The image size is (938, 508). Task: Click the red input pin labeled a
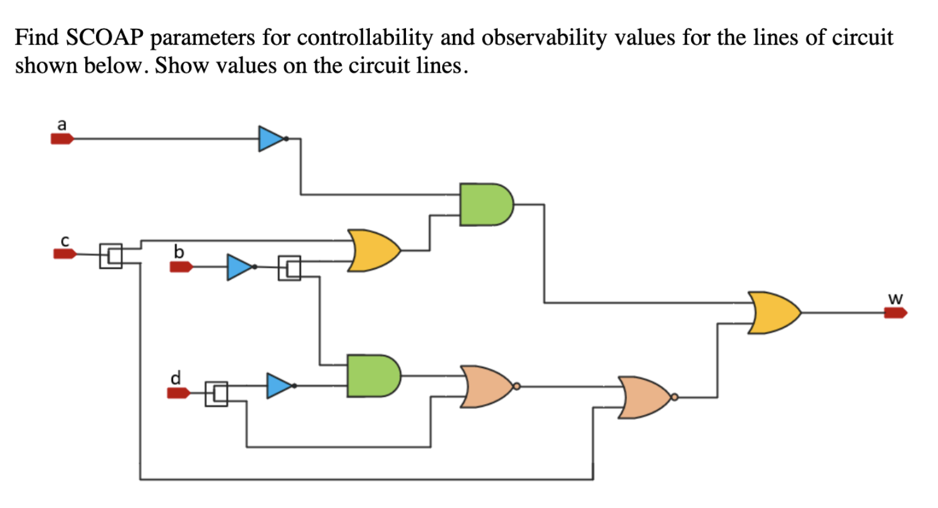tap(62, 139)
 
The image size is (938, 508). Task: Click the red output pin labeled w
tap(895, 313)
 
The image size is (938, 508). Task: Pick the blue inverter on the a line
tap(271, 139)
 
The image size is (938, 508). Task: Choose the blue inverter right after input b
tap(240, 267)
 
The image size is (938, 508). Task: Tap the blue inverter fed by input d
tap(279, 386)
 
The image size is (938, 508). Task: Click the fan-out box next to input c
tap(111, 256)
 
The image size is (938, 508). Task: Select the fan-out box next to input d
tap(216, 394)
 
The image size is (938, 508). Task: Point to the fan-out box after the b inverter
tap(289, 268)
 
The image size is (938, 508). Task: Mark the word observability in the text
tap(544, 38)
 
